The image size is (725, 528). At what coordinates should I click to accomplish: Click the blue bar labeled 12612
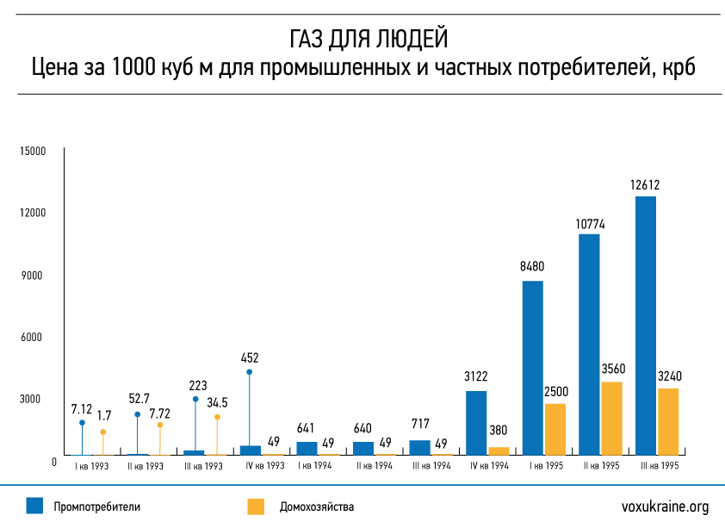(645, 325)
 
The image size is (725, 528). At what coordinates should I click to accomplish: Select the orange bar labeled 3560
(611, 418)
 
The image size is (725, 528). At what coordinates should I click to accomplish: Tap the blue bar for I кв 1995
(533, 368)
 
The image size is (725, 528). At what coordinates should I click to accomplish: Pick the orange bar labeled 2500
(555, 429)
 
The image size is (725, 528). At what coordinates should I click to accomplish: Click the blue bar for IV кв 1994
(476, 422)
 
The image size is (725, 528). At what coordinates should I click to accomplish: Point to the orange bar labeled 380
(499, 450)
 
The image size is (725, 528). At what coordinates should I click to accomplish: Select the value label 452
(250, 357)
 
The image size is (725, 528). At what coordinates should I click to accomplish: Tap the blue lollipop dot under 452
(250, 372)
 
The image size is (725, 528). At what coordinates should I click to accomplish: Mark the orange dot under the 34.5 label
(217, 417)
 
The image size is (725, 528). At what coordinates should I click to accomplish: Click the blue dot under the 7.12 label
(82, 423)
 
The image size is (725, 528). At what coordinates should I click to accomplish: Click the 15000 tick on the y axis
(32, 152)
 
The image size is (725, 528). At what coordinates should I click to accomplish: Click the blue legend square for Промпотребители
(34, 506)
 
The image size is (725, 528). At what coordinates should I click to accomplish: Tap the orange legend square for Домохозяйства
(256, 506)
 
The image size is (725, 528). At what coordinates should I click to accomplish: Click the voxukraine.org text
(665, 506)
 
